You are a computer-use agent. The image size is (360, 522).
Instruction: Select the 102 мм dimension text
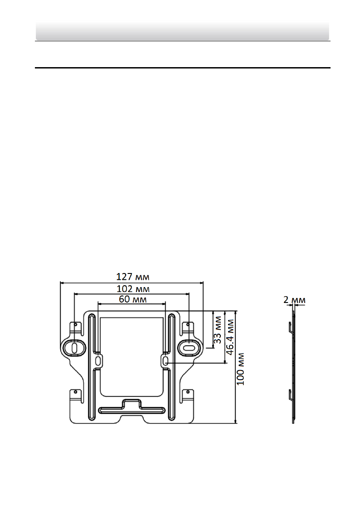pyautogui.click(x=133, y=288)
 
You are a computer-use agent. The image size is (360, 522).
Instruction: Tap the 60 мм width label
pyautogui.click(x=133, y=299)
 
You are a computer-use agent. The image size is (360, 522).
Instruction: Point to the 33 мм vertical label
pyautogui.click(x=217, y=333)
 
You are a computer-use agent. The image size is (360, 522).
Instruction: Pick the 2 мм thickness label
pyautogui.click(x=294, y=300)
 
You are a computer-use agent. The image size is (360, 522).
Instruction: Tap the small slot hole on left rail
pyautogui.click(x=98, y=360)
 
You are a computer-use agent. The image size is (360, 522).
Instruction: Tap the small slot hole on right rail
pyautogui.click(x=165, y=360)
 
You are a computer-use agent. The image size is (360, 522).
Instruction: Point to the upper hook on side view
pyautogui.click(x=290, y=327)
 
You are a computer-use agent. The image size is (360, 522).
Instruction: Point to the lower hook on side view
pyautogui.click(x=290, y=395)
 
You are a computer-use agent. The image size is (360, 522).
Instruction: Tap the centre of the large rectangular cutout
pyautogui.click(x=131, y=356)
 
